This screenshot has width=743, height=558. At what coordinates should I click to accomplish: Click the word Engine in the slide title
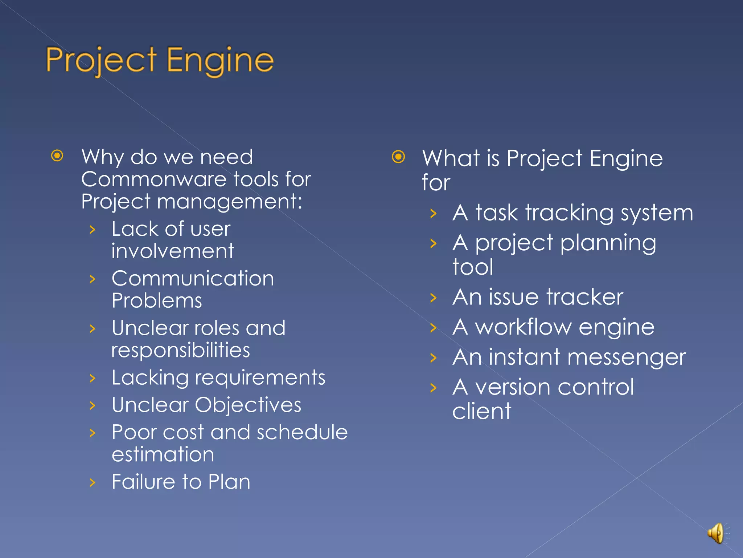[x=220, y=60]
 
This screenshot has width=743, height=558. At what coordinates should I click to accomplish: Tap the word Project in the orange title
[x=101, y=60]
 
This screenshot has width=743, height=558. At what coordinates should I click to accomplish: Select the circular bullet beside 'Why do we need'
[x=57, y=156]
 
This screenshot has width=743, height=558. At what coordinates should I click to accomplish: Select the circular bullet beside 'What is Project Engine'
[x=398, y=157]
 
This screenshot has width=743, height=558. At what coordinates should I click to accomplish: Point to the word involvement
[x=173, y=251]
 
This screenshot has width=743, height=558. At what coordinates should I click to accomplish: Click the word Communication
[x=193, y=279]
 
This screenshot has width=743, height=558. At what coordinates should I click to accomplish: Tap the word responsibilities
[x=180, y=351]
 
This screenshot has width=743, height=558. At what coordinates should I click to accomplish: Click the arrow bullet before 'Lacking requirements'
[x=93, y=378]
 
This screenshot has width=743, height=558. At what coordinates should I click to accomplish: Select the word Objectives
[x=248, y=405]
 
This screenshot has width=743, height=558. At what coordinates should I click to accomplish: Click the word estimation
[x=163, y=454]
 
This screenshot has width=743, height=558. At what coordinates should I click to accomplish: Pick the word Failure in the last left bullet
[x=144, y=482]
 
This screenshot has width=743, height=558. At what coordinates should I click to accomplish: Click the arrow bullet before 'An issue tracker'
[x=433, y=298]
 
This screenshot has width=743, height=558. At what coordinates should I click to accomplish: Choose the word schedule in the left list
[x=302, y=432]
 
